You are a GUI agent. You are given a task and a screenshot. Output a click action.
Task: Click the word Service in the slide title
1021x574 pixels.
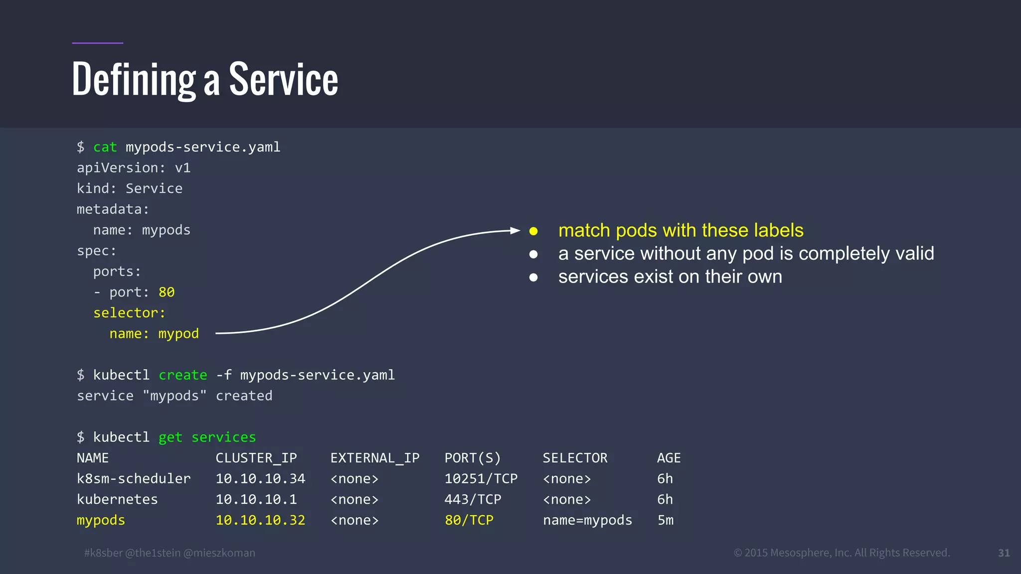pyautogui.click(x=283, y=80)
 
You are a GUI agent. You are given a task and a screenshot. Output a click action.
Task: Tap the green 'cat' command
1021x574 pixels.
pyautogui.click(x=105, y=147)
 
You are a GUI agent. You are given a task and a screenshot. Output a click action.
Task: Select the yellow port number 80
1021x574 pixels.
pyautogui.click(x=167, y=292)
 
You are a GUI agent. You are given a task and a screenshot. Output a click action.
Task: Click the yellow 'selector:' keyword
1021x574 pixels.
pyautogui.click(x=129, y=313)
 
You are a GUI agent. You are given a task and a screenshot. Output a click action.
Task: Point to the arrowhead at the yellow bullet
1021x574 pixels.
pyautogui.click(x=515, y=230)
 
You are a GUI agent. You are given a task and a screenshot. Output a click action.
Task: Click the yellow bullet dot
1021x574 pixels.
pyautogui.click(x=533, y=231)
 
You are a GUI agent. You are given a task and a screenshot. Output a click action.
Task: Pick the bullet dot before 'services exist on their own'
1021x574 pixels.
pyautogui.click(x=533, y=278)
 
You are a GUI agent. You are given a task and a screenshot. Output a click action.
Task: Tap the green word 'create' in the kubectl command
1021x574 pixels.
pyautogui.click(x=182, y=375)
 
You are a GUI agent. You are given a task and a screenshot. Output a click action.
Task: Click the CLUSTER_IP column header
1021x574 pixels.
pyautogui.click(x=256, y=458)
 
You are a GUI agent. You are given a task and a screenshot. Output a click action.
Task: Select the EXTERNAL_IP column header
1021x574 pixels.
pyautogui.click(x=375, y=458)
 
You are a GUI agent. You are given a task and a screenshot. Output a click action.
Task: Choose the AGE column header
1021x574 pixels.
pyautogui.click(x=669, y=458)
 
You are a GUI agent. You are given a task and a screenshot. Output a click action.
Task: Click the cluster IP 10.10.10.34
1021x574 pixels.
pyautogui.click(x=260, y=479)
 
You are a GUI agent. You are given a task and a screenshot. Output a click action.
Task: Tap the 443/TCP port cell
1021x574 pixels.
pyautogui.click(x=473, y=499)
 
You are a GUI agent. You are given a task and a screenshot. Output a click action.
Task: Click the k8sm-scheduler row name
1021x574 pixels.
pyautogui.click(x=134, y=479)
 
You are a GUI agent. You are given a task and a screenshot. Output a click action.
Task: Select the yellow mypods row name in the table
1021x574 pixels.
pyautogui.click(x=101, y=520)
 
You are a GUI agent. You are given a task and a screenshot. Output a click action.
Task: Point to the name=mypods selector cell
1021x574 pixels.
pyautogui.click(x=587, y=520)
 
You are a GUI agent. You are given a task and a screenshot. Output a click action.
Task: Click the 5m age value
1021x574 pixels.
pyautogui.click(x=665, y=520)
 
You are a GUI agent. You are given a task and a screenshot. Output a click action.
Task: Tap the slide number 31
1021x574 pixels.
pyautogui.click(x=1004, y=553)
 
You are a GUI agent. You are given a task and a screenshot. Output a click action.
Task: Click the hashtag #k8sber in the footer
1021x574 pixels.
pyautogui.click(x=103, y=553)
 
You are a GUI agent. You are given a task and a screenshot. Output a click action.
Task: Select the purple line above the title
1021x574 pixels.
pyautogui.click(x=98, y=43)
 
